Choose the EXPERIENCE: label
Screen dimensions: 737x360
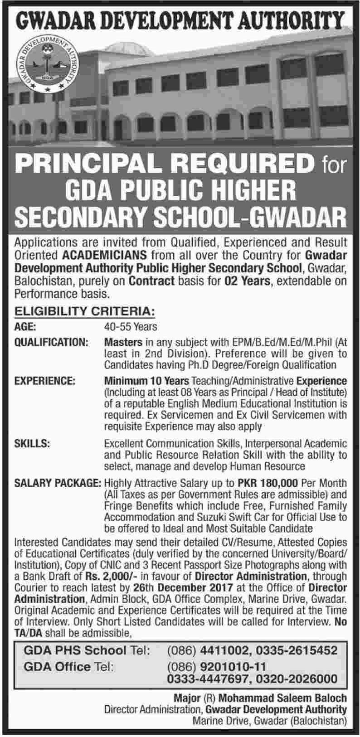coord(45,381)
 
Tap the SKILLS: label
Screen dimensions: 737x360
coord(32,443)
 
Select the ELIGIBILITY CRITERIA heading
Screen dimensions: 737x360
coord(85,311)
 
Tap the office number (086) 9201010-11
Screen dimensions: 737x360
coord(216,667)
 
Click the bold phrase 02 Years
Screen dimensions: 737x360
coord(248,281)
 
